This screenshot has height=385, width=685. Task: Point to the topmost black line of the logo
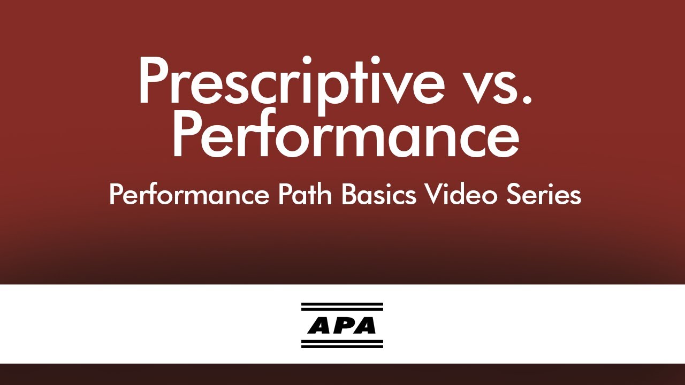click(342, 304)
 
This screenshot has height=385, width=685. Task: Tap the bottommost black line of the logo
click(342, 346)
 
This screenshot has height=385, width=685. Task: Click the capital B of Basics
click(349, 195)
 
